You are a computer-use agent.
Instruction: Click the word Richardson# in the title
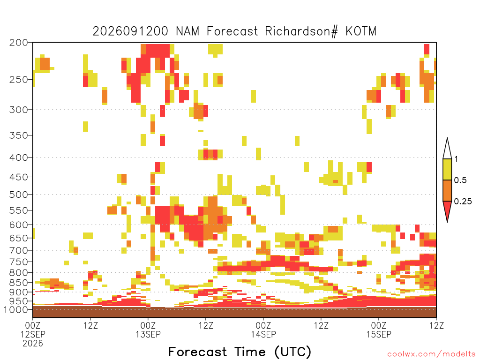click(x=301, y=31)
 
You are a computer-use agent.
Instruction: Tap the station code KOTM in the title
click(x=361, y=31)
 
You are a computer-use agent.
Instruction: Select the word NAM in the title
click(x=187, y=31)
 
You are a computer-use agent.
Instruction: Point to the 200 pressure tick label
click(x=19, y=43)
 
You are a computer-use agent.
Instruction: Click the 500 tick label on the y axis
click(x=19, y=195)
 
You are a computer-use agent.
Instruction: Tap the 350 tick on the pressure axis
click(x=19, y=135)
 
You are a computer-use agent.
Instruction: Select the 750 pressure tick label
click(x=19, y=262)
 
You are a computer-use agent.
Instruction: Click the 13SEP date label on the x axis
click(x=148, y=334)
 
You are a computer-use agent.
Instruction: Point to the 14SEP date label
click(x=263, y=334)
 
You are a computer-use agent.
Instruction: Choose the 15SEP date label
click(x=379, y=334)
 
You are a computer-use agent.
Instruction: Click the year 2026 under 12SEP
click(x=33, y=344)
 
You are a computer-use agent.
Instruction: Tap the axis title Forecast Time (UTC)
click(x=240, y=352)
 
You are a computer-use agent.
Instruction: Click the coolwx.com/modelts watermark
click(x=432, y=354)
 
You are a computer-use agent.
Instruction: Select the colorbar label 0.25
click(x=463, y=202)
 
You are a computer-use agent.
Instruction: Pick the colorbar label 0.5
click(x=460, y=180)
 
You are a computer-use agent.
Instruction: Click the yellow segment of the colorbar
click(x=447, y=169)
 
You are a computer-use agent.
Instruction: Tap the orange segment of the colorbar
click(x=447, y=190)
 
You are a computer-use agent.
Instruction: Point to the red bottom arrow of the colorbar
click(x=447, y=210)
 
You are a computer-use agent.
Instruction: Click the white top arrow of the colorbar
click(x=447, y=150)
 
